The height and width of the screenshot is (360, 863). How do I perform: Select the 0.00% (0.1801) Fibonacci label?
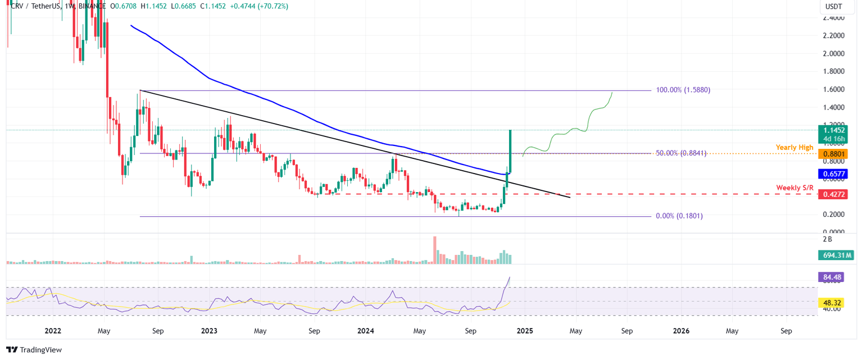click(679, 216)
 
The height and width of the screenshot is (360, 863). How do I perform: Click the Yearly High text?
click(794, 147)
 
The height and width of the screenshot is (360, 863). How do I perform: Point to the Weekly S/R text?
click(794, 188)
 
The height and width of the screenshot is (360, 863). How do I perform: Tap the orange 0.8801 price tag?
click(832, 153)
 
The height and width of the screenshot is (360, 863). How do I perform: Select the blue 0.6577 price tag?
click(832, 174)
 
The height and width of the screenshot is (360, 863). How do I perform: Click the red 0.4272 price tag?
click(832, 194)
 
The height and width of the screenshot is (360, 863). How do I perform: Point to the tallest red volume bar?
click(435, 250)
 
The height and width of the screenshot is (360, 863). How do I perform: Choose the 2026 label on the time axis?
click(681, 331)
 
